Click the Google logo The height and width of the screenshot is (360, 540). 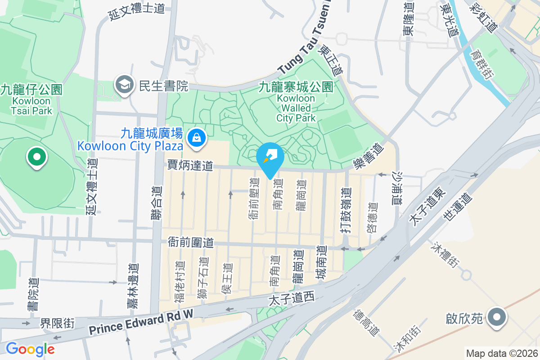point(30,349)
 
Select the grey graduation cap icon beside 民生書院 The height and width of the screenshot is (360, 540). point(123,85)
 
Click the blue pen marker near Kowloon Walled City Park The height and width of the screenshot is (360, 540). point(270,157)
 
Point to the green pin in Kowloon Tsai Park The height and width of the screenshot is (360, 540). point(37,157)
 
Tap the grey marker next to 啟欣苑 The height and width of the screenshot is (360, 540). point(497,318)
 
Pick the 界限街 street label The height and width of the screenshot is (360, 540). point(57,323)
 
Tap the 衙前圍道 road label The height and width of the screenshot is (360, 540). point(190,242)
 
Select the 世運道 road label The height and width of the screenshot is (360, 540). point(457,207)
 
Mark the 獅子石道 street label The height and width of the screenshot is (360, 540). point(203,278)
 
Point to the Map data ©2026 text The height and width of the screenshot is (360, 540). point(502,353)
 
